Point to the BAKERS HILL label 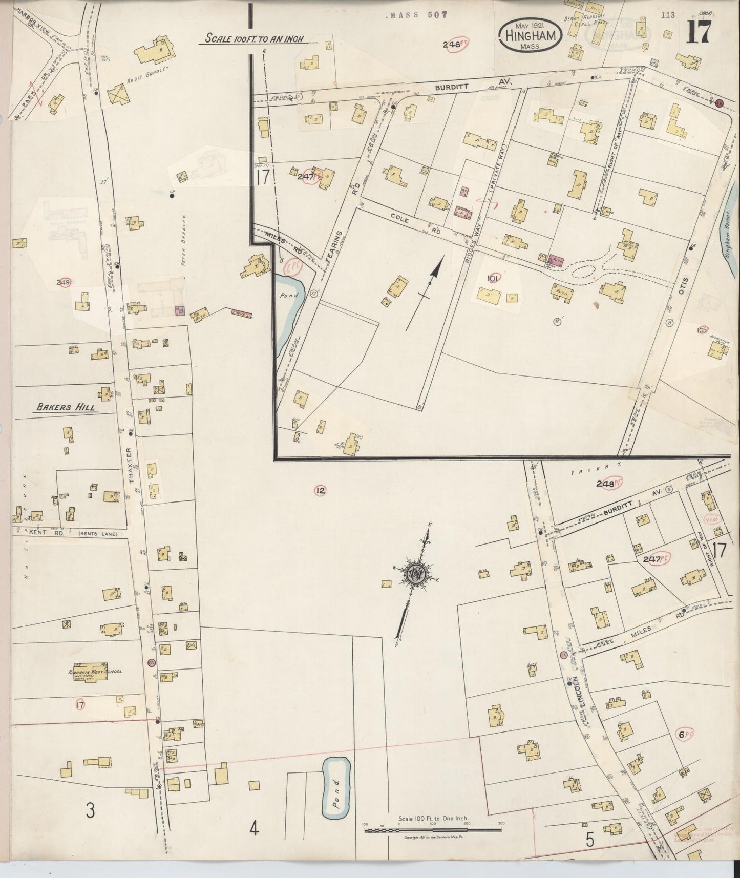67,408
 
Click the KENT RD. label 38,533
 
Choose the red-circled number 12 320,491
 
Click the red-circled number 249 64,282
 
